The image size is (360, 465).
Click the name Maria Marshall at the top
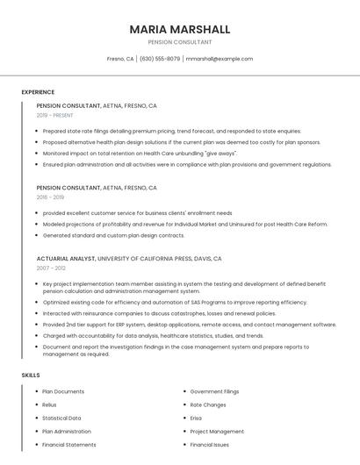point(180,29)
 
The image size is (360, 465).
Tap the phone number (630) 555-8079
point(159,59)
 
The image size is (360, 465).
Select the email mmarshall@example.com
point(220,59)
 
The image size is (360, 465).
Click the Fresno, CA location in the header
point(120,59)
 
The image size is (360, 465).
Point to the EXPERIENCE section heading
point(38,92)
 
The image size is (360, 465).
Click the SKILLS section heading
point(31,376)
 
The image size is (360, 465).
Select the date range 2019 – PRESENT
point(55,115)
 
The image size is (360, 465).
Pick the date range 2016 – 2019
point(50,197)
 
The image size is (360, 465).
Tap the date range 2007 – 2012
point(51,269)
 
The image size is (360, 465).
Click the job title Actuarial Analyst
point(66,259)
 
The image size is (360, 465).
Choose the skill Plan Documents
point(63,391)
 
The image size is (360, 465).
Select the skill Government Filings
point(214,391)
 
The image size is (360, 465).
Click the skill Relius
point(50,404)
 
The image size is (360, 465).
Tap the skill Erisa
point(196,418)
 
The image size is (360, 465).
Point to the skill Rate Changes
point(208,404)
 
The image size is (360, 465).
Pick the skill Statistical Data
point(61,418)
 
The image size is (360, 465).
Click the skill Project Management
point(217,432)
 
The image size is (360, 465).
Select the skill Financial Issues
point(210,445)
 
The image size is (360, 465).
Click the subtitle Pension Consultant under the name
point(180,42)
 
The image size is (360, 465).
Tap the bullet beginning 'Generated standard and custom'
point(113,235)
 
